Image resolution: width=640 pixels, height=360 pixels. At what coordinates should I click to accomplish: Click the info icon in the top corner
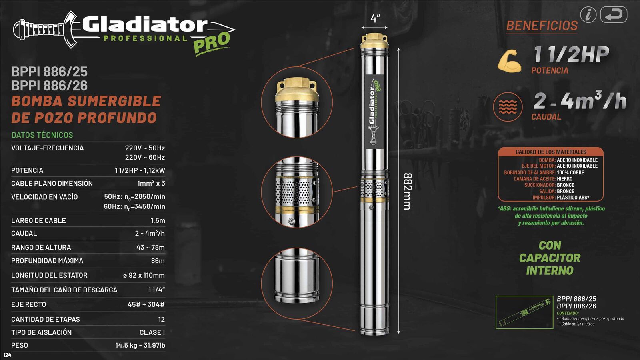point(588,15)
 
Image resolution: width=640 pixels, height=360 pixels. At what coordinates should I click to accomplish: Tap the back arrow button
point(614,15)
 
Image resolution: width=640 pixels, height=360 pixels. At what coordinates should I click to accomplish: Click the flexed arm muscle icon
point(509,61)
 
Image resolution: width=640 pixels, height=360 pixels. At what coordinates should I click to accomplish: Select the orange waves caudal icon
point(508,107)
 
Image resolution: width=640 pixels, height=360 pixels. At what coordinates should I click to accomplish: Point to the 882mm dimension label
point(407,191)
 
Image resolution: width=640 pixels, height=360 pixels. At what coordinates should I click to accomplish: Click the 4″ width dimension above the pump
point(375,19)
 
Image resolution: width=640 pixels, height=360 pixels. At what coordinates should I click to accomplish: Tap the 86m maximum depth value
point(158,261)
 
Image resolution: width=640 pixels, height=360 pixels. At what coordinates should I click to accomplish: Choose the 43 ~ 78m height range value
point(150,247)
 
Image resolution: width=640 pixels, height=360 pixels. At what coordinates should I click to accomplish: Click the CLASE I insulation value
point(152,332)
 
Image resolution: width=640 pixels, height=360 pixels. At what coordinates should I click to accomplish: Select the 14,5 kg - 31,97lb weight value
point(140,345)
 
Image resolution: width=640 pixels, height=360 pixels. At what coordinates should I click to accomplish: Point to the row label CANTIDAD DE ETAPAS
point(46,319)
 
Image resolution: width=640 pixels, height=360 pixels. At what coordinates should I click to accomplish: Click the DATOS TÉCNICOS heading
point(42,135)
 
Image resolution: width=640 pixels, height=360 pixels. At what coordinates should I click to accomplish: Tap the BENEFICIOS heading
point(542,26)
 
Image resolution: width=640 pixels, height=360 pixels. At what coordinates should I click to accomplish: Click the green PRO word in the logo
point(212,42)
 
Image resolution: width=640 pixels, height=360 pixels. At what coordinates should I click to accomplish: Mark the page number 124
point(7,355)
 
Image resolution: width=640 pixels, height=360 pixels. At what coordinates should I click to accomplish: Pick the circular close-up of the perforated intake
point(296,192)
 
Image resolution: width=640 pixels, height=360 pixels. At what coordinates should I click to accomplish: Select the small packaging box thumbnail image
point(524,312)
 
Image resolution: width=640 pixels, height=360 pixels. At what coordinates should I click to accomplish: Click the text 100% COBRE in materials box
point(570,172)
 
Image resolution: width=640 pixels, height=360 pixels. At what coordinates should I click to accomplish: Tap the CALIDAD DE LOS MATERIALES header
point(551,152)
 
